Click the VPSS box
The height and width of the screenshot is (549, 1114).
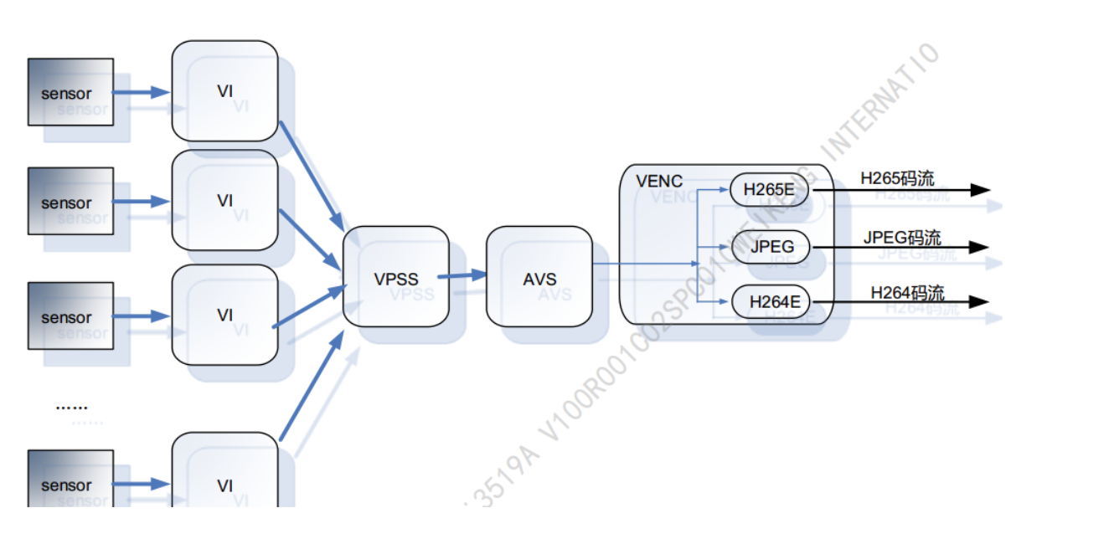pos(395,276)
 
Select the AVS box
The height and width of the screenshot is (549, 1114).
pos(539,276)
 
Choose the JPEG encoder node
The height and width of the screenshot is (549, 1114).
pos(771,247)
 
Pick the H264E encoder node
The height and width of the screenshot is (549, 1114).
pos(771,301)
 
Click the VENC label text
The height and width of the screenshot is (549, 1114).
pos(659,181)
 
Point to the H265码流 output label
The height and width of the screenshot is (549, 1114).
pos(897,178)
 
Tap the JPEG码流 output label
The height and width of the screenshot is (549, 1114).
pos(902,237)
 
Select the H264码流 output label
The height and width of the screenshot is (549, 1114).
pos(907,292)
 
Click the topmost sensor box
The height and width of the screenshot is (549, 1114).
pos(70,92)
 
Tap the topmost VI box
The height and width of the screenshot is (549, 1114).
pos(224,90)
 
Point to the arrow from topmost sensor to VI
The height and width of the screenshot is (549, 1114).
pos(142,92)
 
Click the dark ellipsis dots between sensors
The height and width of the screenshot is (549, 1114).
pos(71,407)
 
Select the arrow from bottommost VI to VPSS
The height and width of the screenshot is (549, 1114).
pos(311,386)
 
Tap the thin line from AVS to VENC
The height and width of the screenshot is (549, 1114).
pos(645,264)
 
